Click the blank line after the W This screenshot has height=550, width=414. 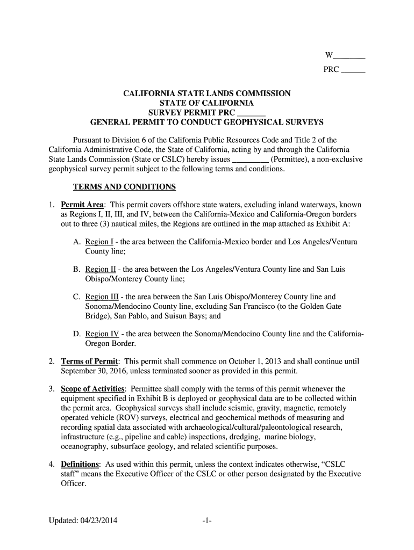[349, 56]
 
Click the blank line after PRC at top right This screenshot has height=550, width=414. [353, 70]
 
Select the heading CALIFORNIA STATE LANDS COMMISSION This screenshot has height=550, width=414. [207, 93]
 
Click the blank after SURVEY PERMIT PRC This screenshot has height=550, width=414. [251, 113]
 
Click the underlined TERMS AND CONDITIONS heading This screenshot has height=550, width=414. [124, 187]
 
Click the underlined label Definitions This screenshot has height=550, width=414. [80, 464]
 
